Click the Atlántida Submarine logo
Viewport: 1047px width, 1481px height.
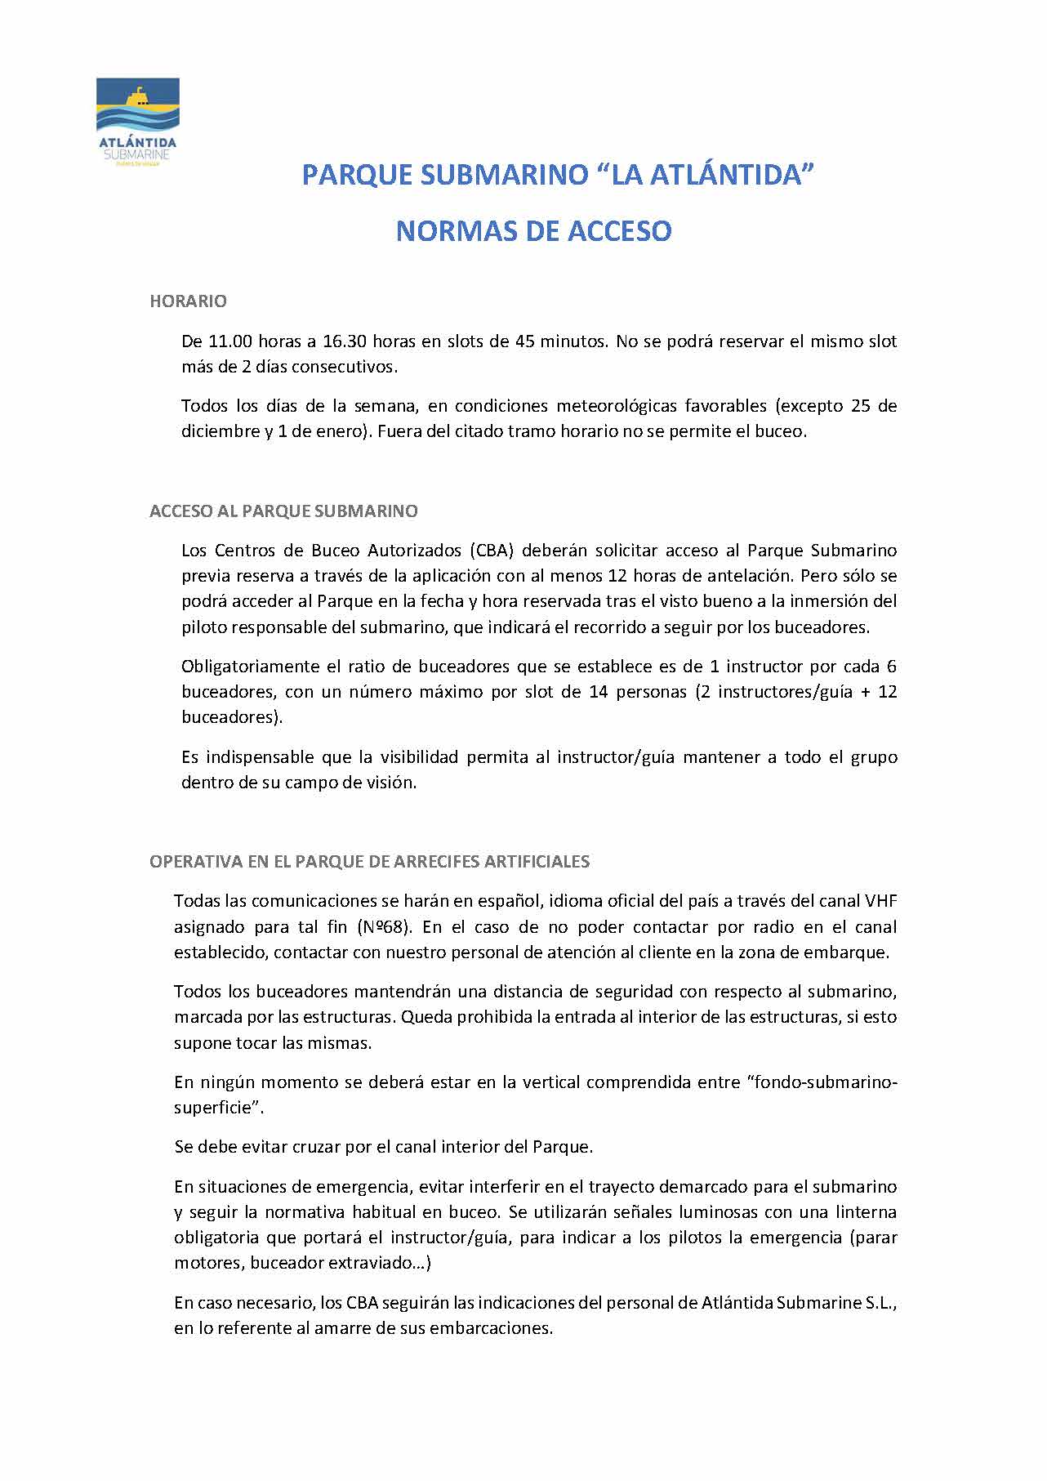click(137, 122)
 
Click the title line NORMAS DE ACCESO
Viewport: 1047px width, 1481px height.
click(533, 231)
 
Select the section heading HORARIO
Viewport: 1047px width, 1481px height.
click(188, 301)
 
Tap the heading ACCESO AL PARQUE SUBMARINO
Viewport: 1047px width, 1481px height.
click(283, 511)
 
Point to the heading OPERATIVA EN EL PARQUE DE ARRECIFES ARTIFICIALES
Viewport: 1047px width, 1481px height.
click(369, 862)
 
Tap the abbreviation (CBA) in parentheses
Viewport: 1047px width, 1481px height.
click(492, 550)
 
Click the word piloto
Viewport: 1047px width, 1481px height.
click(204, 627)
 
